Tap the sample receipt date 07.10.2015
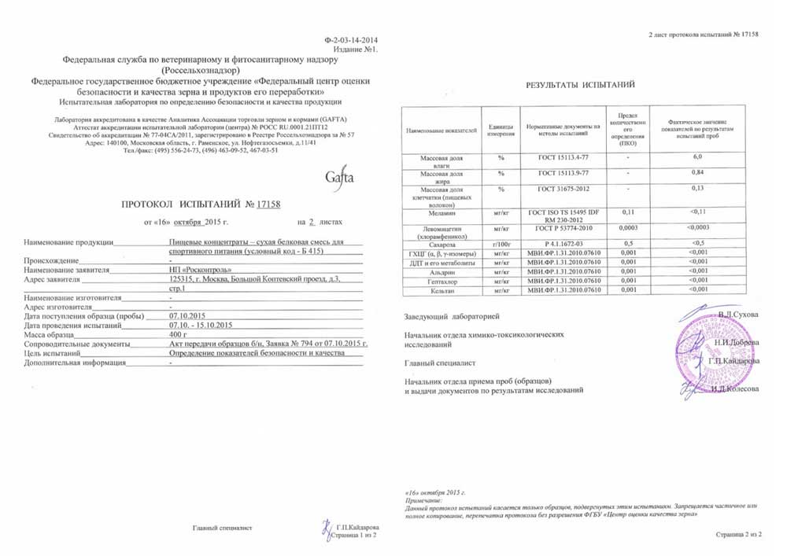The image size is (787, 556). coord(187,315)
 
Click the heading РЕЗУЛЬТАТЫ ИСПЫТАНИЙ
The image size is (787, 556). coord(581,84)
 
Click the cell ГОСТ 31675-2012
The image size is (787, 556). coord(563,190)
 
